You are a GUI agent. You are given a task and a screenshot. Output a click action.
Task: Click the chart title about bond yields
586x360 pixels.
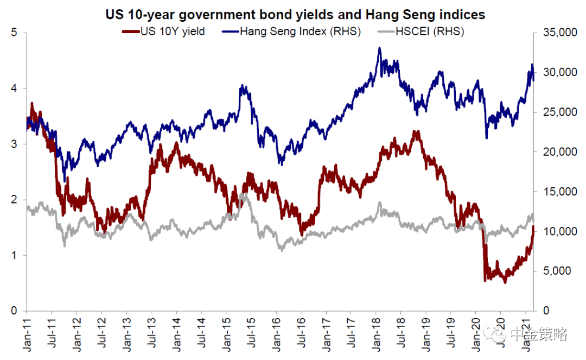tap(295, 15)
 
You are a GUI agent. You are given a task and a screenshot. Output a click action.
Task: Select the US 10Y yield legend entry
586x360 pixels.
tap(164, 31)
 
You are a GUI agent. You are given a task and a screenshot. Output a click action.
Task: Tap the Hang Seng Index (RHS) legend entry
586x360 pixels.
tap(291, 31)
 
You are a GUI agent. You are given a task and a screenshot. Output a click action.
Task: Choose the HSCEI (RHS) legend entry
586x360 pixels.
tap(421, 31)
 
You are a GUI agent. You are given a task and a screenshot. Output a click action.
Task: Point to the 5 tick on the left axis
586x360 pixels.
tap(14, 33)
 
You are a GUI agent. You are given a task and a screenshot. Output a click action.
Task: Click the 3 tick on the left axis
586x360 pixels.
tap(14, 144)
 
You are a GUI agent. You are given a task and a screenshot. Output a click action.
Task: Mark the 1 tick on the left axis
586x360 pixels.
tap(14, 255)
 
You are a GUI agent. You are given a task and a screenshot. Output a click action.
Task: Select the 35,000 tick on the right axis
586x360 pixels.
tap(560, 33)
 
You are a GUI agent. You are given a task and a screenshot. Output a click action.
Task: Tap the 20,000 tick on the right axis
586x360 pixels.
tap(560, 152)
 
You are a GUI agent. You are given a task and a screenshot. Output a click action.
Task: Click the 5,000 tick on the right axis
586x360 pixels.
tap(557, 270)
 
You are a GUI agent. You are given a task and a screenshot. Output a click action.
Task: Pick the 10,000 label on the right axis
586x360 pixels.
tap(560, 231)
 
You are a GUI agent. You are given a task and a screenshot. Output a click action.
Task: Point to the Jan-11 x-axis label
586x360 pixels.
tap(27, 334)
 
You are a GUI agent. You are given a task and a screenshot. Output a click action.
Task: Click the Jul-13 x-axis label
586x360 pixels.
tap(151, 333)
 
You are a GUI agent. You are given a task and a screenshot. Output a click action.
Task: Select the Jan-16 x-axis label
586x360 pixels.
tap(276, 334)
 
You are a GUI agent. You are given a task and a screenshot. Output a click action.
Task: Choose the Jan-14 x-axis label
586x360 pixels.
tap(176, 334)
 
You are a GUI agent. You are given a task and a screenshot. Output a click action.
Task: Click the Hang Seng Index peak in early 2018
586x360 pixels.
tap(380, 48)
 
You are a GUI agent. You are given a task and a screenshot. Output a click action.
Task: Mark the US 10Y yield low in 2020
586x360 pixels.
tap(505, 282)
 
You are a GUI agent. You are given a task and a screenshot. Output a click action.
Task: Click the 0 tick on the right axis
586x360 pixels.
tap(546, 310)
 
